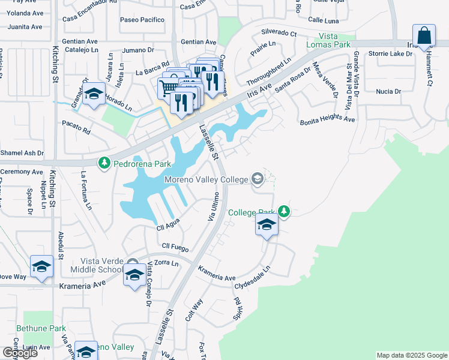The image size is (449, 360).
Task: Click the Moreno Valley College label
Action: [206, 180]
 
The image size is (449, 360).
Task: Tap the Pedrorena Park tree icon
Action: [104, 163]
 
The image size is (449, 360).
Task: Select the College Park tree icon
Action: [285, 212]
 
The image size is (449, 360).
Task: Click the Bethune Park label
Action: [41, 328]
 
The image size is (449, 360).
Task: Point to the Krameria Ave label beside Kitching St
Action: [79, 286]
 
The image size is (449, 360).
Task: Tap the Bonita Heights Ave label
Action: [328, 120]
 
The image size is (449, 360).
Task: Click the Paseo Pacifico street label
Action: [142, 20]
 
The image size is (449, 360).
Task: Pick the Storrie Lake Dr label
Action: [391, 54]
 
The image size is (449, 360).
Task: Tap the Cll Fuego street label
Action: [175, 247]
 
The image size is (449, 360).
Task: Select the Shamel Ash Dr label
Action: [22, 153]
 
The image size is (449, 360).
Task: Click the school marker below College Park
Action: [267, 226]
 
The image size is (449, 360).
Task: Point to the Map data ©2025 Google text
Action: [411, 355]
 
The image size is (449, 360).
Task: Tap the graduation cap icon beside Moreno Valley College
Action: [257, 179]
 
